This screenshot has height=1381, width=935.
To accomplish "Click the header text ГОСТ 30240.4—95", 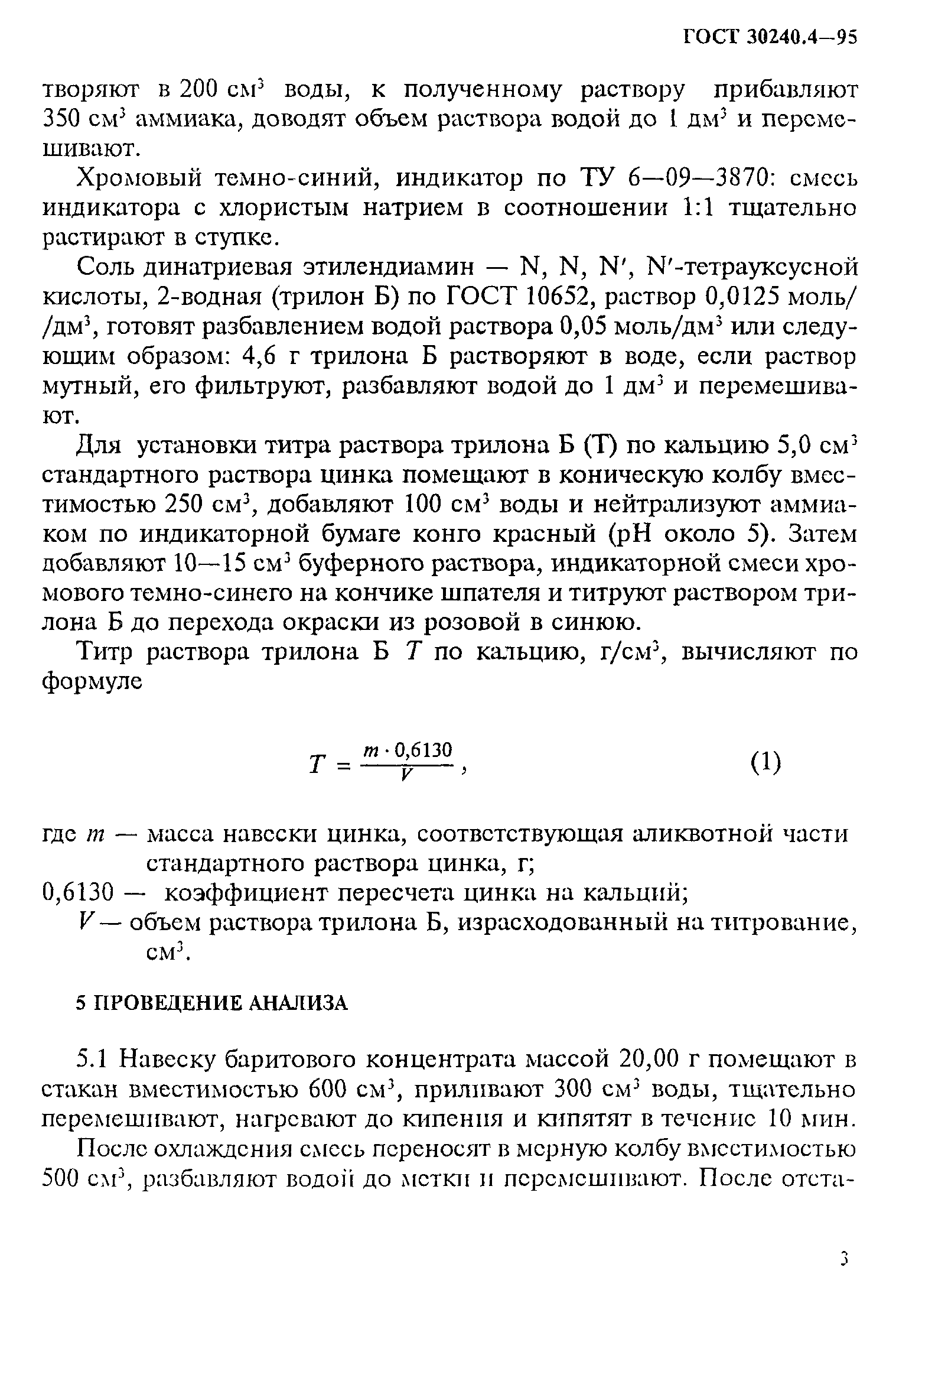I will (x=770, y=37).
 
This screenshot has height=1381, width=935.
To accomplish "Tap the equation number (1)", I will (x=765, y=762).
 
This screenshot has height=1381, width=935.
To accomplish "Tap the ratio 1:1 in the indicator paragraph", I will (x=698, y=207).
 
